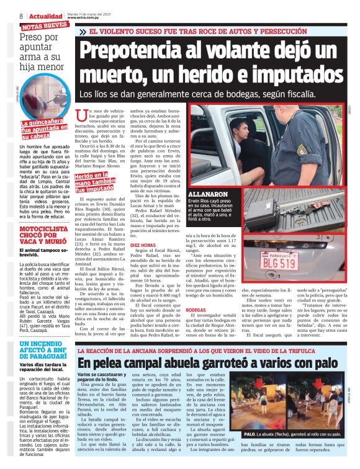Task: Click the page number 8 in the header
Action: (22, 16)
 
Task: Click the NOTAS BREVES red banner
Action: (45, 26)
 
